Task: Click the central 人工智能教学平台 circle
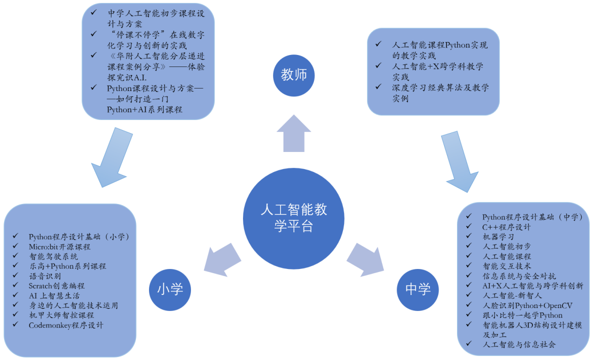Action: pos(294,218)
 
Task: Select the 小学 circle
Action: pos(170,289)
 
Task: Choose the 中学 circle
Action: pos(418,289)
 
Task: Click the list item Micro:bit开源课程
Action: pos(59,246)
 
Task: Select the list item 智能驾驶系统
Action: pos(53,256)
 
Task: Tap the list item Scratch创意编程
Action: pos(56,285)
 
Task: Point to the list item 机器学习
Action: pos(498,236)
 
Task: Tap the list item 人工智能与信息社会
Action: pos(519,344)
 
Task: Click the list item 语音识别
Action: pos(45,276)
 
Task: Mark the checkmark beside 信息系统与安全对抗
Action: pos(468,276)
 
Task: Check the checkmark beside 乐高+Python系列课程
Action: pos(16,266)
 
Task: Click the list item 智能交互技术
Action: pos(506,266)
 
